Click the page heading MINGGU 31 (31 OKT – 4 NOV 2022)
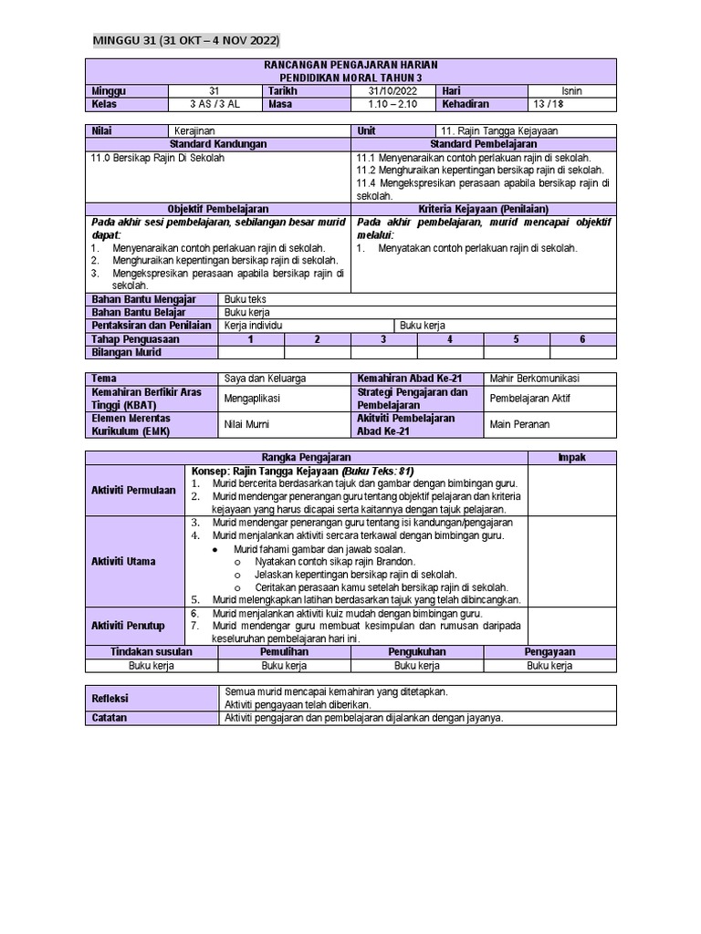coord(186,41)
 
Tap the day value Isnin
coord(570,91)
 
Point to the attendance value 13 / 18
coord(570,104)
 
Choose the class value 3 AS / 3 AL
coord(214,104)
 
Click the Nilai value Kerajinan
coord(194,131)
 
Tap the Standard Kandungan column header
coord(218,144)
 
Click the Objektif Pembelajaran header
coord(218,209)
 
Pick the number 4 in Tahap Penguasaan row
coord(450,338)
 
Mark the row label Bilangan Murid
coord(124,351)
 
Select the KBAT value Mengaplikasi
coord(252,398)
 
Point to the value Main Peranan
coord(519,423)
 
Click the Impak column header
coord(572,457)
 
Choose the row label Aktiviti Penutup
coord(128,625)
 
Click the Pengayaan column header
coord(549,652)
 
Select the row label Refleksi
coord(110,698)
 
